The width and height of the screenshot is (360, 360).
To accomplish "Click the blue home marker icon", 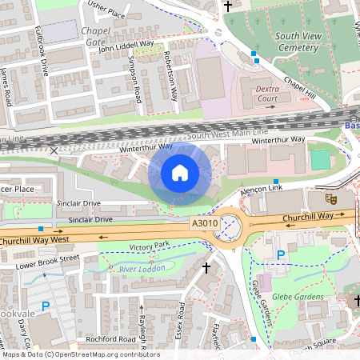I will point(180,172).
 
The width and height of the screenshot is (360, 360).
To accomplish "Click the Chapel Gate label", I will point(95,35).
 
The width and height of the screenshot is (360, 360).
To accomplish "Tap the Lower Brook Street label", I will point(47,258).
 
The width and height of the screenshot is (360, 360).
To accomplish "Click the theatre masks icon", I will point(330,197).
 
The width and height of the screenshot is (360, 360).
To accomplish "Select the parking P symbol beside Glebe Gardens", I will point(280,255).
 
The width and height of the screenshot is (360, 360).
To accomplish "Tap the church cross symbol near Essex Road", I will point(206,266).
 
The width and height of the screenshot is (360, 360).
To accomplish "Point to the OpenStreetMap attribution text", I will point(80,354).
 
